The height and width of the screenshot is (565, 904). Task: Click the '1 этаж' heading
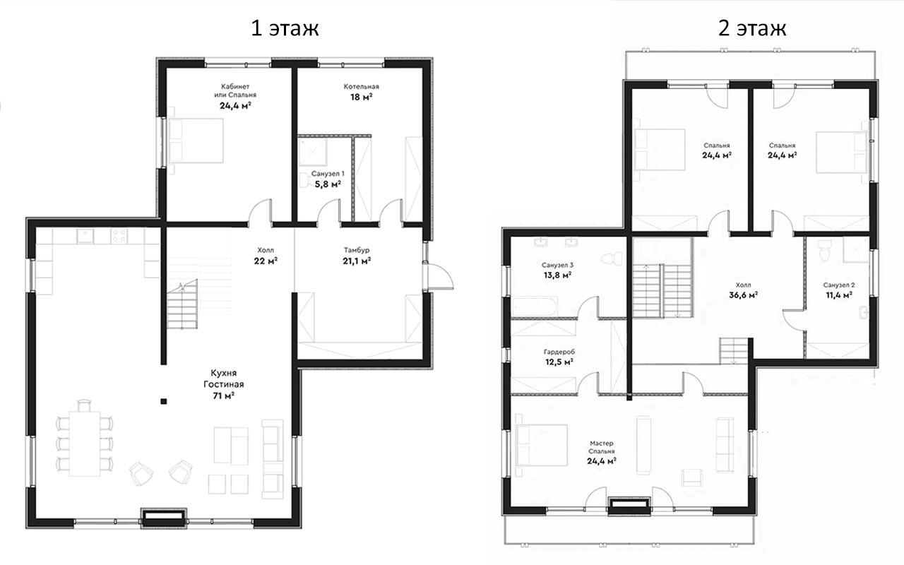click(x=285, y=28)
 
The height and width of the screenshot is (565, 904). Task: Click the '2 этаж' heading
click(x=752, y=28)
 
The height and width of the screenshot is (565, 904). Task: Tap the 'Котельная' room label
click(x=361, y=86)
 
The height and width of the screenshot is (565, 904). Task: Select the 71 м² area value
click(x=224, y=396)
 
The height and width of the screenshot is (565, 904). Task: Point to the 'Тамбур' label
click(x=357, y=250)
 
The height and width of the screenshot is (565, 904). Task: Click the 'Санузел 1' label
click(x=328, y=174)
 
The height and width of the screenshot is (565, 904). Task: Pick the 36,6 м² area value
click(x=744, y=295)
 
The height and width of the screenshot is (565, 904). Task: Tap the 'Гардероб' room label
click(x=559, y=352)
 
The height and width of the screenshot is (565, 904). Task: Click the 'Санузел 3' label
click(x=557, y=265)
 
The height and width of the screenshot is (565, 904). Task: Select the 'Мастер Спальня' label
click(x=601, y=447)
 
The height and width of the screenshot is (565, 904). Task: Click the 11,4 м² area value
click(x=839, y=295)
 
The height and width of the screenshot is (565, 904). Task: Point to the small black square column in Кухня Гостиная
click(x=163, y=401)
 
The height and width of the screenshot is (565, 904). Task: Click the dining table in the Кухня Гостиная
click(x=84, y=444)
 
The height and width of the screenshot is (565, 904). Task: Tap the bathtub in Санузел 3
click(x=535, y=307)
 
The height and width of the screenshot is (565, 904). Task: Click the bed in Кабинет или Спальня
click(x=196, y=141)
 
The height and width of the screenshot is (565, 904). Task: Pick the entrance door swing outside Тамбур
click(x=441, y=277)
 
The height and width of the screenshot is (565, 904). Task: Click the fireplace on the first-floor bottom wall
click(x=163, y=518)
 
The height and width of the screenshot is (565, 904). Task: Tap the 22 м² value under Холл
click(x=266, y=261)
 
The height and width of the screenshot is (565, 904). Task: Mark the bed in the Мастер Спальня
click(x=541, y=445)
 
